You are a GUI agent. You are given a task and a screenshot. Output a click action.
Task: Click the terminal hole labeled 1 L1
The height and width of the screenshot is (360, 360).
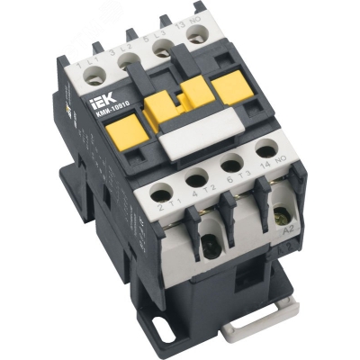pos(94,78)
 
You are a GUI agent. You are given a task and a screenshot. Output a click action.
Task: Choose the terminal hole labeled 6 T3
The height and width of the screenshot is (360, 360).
pos(230,164)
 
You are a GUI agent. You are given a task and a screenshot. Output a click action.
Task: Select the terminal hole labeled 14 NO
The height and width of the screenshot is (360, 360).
pos(264,150)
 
